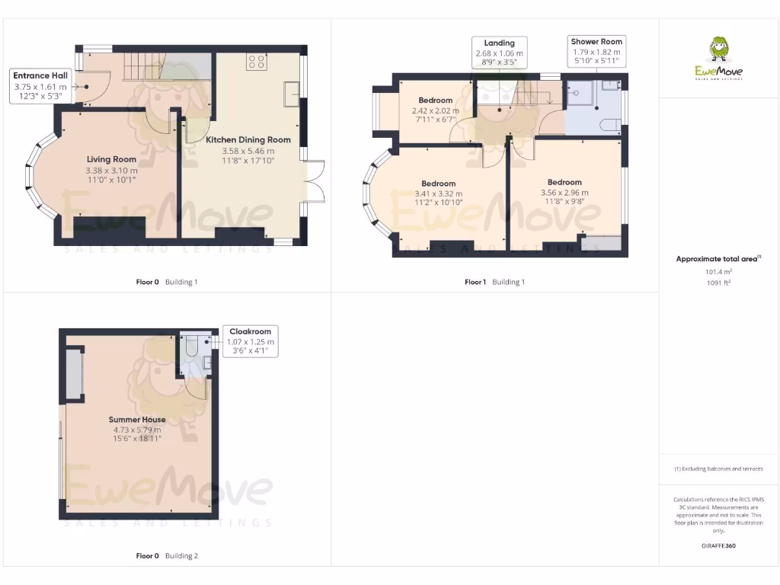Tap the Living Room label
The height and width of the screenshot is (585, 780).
click(111, 159)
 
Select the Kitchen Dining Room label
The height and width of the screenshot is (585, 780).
click(248, 140)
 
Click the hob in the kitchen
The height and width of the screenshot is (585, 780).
click(255, 62)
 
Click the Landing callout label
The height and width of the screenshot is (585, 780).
click(499, 43)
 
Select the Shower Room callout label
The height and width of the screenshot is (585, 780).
click(596, 42)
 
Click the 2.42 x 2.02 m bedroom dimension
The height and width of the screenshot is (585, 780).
click(436, 110)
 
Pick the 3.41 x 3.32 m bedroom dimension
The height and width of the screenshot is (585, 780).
click(438, 193)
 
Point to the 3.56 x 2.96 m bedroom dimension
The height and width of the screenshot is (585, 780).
click(564, 193)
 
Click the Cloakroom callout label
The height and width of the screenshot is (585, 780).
click(251, 332)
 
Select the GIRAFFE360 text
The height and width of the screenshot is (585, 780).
click(718, 545)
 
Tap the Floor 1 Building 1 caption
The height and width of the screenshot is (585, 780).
click(494, 282)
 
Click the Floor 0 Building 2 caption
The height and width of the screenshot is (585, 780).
click(167, 556)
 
